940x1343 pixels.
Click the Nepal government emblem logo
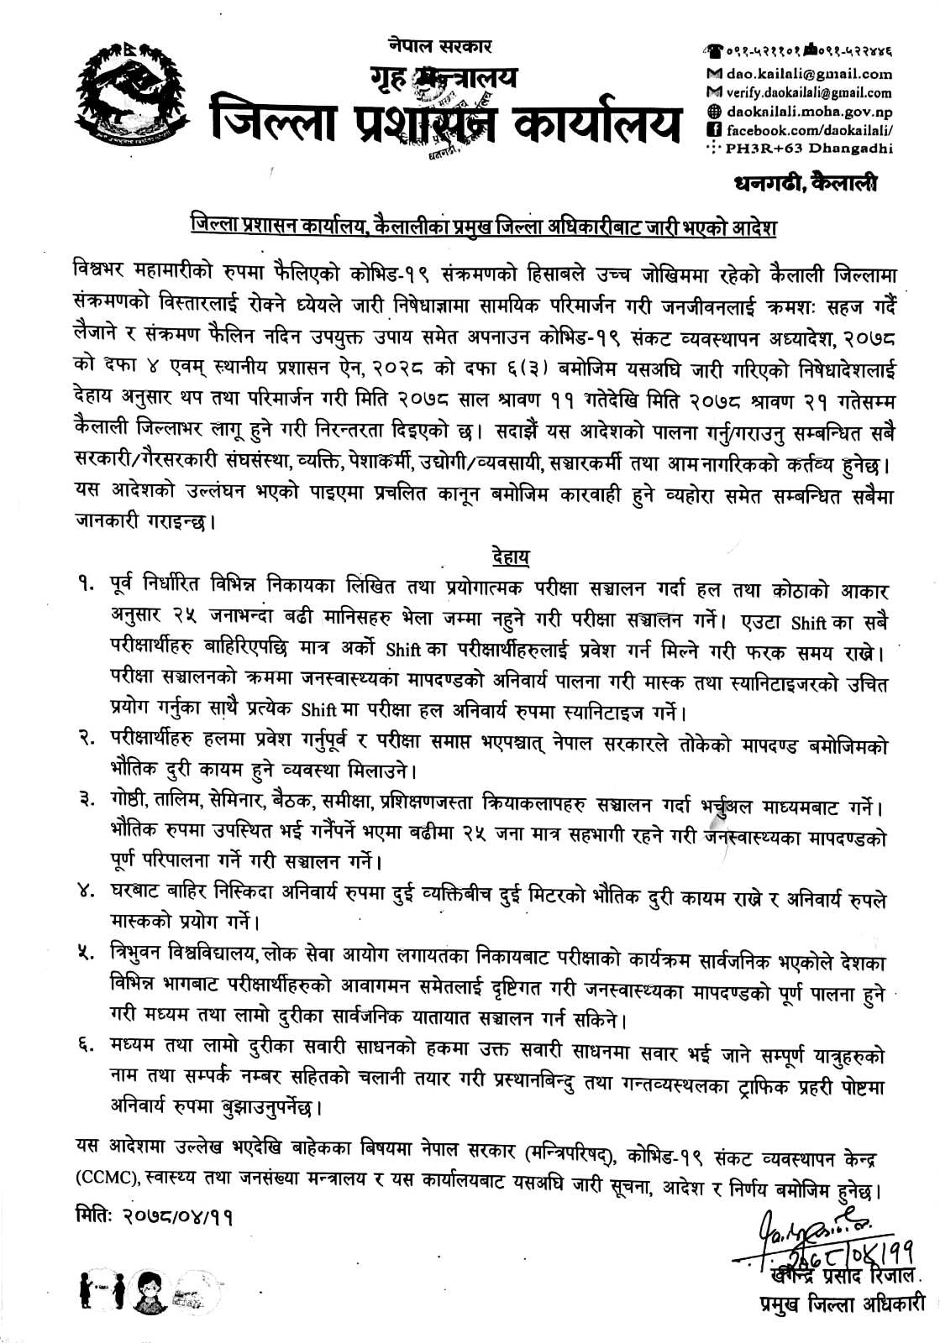130,97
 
